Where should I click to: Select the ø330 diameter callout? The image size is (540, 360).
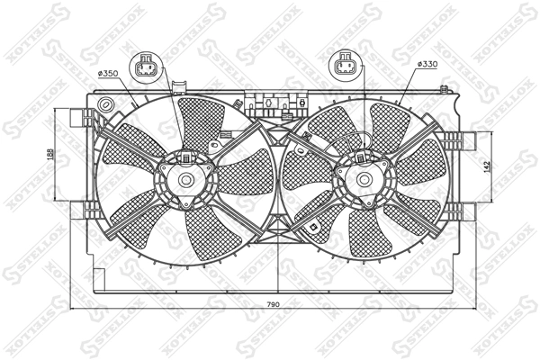coord(427,65)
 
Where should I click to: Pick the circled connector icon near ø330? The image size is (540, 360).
coord(345,66)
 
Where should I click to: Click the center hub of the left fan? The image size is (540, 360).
coord(186,179)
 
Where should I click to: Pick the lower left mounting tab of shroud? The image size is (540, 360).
coord(90,208)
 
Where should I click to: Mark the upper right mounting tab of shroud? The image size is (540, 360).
coord(460,141)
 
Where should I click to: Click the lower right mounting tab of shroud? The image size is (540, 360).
coord(460,211)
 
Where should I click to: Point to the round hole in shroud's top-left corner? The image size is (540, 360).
coord(105,104)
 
